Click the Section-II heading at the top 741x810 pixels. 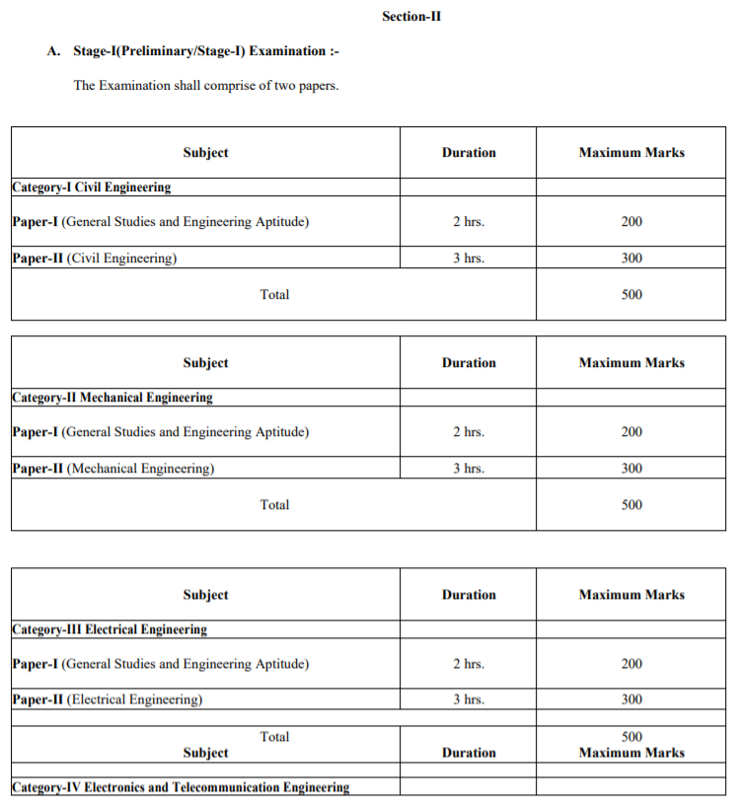click(x=410, y=16)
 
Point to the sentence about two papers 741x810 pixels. click(x=206, y=86)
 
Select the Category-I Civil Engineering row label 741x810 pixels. click(x=92, y=186)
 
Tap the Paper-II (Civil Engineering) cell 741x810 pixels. click(x=95, y=258)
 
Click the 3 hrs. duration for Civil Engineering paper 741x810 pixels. click(x=469, y=258)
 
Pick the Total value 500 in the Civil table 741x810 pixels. click(x=631, y=294)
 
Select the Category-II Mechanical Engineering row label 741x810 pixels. click(x=112, y=398)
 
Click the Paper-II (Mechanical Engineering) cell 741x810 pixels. click(x=113, y=469)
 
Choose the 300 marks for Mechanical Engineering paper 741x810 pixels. click(x=631, y=469)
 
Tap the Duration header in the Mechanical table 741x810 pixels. click(x=469, y=363)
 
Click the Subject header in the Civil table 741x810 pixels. click(x=205, y=152)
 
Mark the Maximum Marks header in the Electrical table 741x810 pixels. click(x=631, y=595)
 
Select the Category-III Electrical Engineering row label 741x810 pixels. click(x=110, y=629)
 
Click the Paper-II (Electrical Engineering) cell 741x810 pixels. click(x=108, y=700)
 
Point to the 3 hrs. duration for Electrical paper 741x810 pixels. click(x=469, y=700)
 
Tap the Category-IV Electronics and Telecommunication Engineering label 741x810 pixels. click(x=181, y=787)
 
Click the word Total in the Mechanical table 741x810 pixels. click(x=274, y=504)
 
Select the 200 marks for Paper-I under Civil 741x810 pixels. click(x=631, y=222)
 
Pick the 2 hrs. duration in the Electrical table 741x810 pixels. click(x=469, y=664)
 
